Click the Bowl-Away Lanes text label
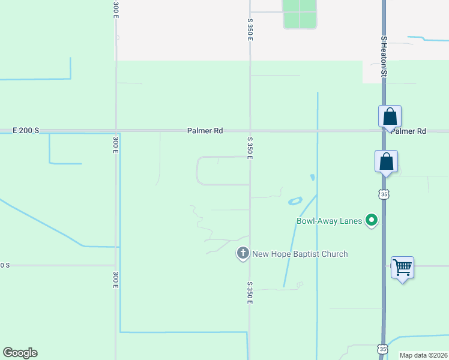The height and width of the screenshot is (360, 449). [329, 221]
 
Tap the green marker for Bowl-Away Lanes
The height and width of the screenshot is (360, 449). [372, 221]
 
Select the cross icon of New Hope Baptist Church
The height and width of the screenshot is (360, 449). [243, 254]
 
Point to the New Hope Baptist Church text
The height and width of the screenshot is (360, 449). [300, 254]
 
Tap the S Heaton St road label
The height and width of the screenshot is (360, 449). [384, 56]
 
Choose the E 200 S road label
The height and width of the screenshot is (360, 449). [26, 130]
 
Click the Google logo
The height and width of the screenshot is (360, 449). [20, 353]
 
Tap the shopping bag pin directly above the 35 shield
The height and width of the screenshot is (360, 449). [387, 162]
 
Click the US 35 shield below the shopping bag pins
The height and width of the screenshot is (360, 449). [384, 194]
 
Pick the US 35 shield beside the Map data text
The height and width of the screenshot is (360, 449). [382, 349]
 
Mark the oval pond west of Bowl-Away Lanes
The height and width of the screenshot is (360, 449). [295, 201]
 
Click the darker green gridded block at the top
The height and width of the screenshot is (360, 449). [299, 14]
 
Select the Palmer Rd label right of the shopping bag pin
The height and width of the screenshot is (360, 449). [409, 131]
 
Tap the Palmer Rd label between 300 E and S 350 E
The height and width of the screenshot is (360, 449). [205, 130]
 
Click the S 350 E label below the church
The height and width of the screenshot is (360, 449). [250, 292]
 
